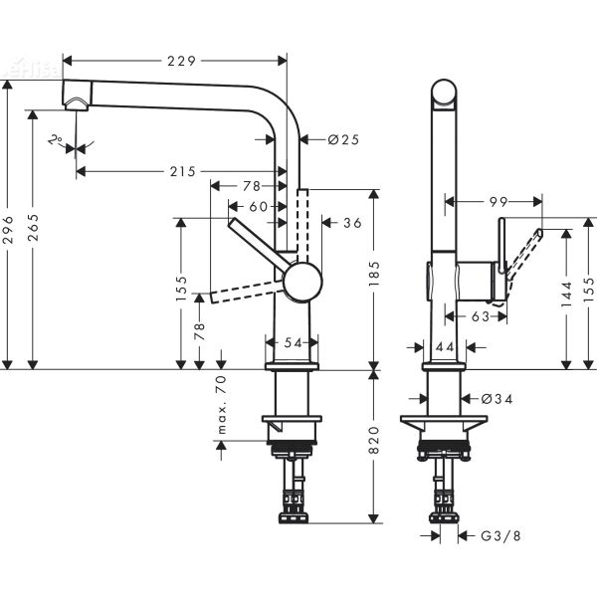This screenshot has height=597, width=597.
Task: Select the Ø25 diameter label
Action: coord(342,140)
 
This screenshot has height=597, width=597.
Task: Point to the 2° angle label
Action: coord(55,140)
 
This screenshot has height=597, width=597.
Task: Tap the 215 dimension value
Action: coord(181,172)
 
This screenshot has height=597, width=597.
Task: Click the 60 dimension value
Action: coord(258,206)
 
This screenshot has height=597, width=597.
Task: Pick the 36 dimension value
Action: coord(351,223)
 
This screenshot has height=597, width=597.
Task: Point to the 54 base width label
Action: coord(293,342)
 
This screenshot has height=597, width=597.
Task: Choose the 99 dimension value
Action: coord(498,202)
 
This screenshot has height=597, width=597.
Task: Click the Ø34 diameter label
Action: coord(495,399)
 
